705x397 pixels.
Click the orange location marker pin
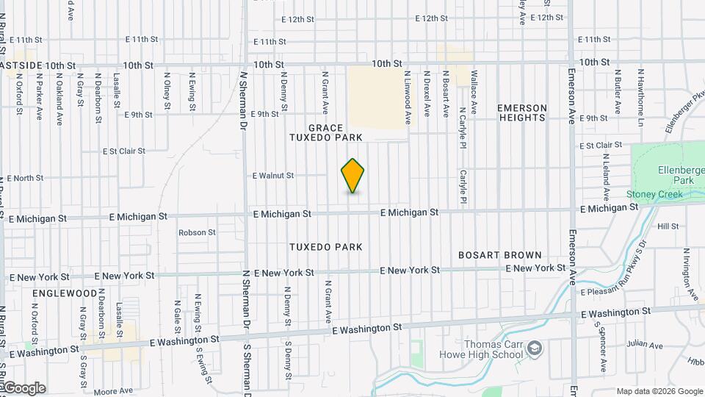tap(352, 176)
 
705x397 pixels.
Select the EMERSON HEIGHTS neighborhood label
tap(521, 112)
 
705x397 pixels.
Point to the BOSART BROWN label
tap(499, 255)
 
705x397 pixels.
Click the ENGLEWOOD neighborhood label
tap(65, 293)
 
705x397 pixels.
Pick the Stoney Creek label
tap(654, 194)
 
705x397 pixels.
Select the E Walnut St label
tap(272, 176)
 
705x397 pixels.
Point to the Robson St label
tap(197, 232)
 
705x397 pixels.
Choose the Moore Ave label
tap(113, 390)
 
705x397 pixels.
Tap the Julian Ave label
tap(645, 345)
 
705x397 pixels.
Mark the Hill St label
tap(668, 226)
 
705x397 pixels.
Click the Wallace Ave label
tap(475, 92)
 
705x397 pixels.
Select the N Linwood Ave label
tap(408, 98)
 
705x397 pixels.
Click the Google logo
tap(23, 388)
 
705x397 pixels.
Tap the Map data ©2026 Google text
tap(659, 391)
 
